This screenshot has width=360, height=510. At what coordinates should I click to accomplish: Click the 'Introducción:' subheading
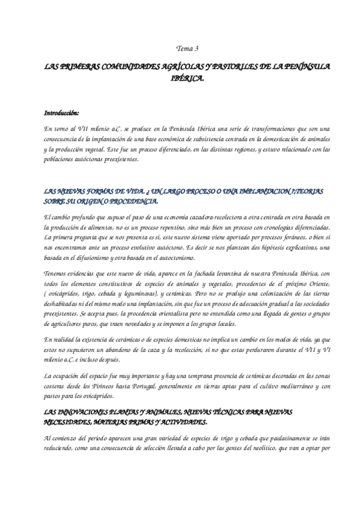62,112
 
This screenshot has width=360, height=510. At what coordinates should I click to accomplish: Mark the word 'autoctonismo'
171,258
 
